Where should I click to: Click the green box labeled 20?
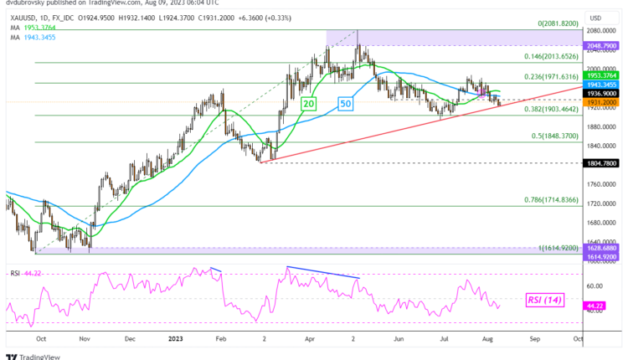(x=308, y=103)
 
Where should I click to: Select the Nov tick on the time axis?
(x=84, y=339)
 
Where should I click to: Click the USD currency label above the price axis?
(x=596, y=18)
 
